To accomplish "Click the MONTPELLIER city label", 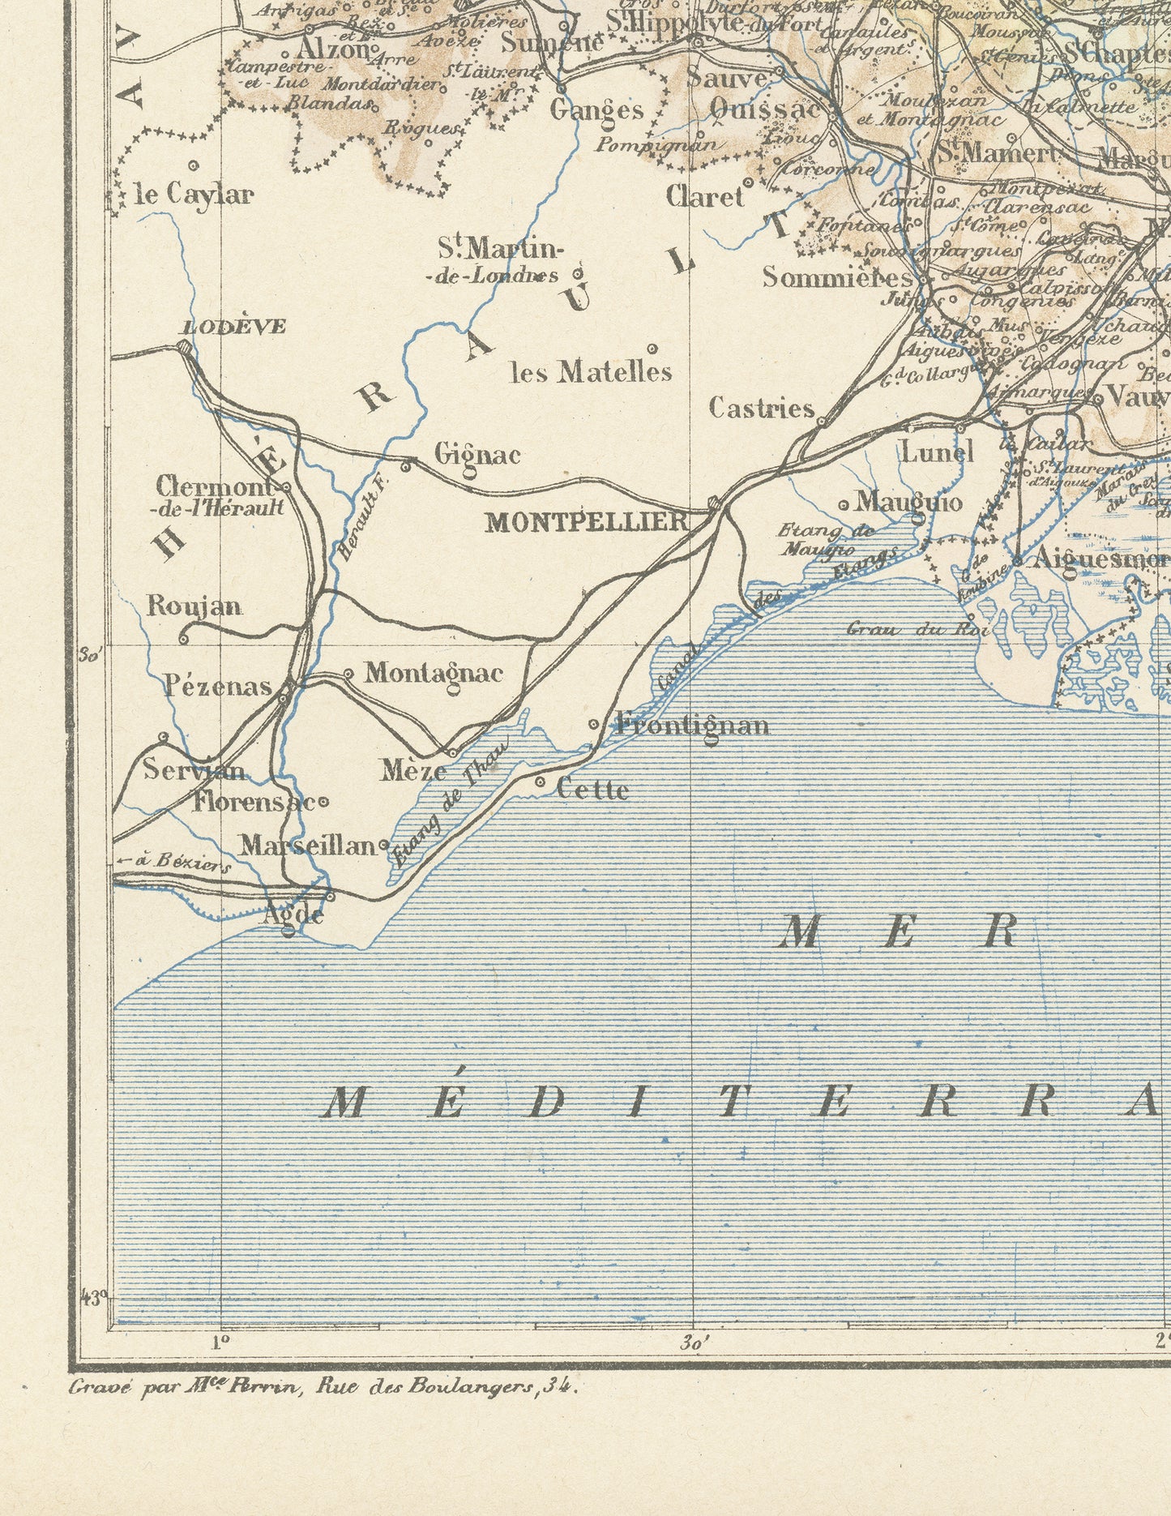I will (x=586, y=522).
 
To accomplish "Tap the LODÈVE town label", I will (x=233, y=327).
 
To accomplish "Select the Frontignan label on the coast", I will (x=691, y=723).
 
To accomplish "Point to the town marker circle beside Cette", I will (x=541, y=782).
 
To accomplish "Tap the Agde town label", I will (x=294, y=914).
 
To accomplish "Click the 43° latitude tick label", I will (x=94, y=1297).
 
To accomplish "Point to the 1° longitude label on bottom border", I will (x=220, y=1341).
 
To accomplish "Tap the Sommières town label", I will (x=837, y=277).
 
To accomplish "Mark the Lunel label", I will (x=937, y=452).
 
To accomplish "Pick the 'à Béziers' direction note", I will (x=174, y=863).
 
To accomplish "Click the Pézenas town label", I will (x=218, y=687).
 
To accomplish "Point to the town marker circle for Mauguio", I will (x=844, y=505).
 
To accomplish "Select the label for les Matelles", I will (x=591, y=371).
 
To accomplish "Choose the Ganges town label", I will (x=596, y=109).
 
